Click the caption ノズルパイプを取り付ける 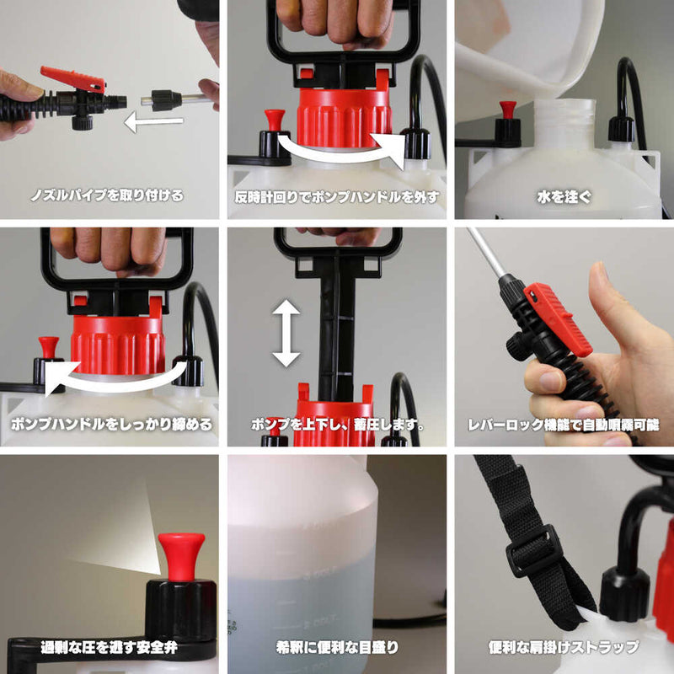click(x=110, y=195)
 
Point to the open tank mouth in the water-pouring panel click(x=564, y=110)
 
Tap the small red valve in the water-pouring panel click(x=507, y=110)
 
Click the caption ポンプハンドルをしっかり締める click(x=110, y=424)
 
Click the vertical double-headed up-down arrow click(x=286, y=334)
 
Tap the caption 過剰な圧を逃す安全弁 click(x=110, y=648)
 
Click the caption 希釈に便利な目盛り click(x=337, y=648)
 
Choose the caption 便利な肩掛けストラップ click(x=564, y=648)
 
